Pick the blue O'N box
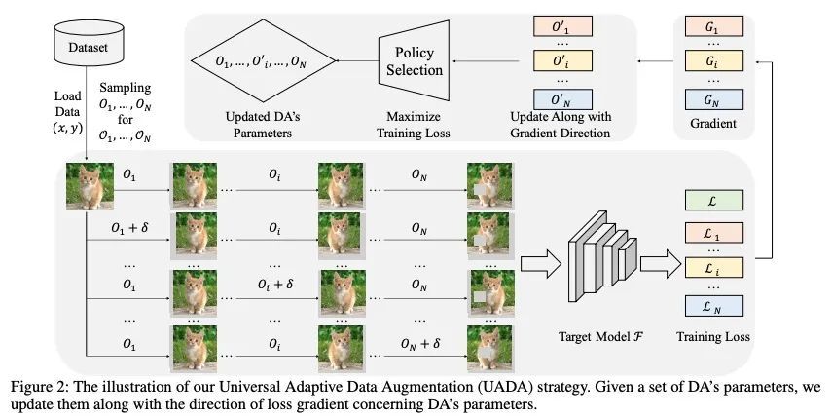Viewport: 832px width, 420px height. click(561, 99)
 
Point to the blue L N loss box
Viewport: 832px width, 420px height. click(713, 305)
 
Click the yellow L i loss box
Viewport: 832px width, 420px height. click(713, 267)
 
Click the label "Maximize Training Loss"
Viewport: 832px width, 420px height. click(416, 126)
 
